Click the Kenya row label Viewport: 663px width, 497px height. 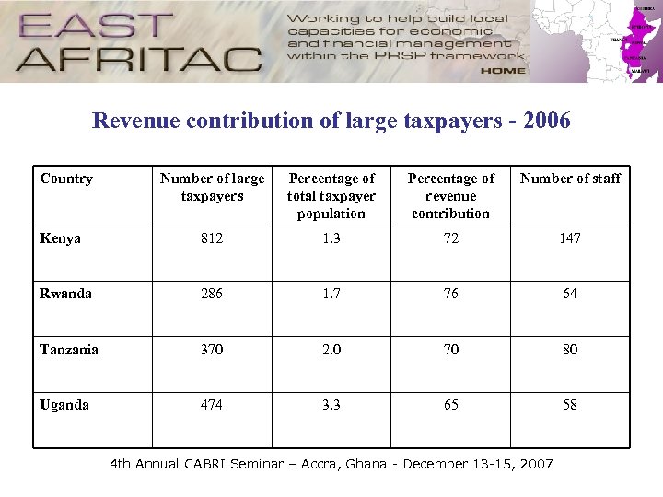coord(60,238)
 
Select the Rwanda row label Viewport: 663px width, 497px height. coord(65,294)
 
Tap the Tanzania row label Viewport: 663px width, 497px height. coord(69,350)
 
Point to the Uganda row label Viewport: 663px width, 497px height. coord(64,405)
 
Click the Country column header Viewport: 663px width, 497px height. coord(66,179)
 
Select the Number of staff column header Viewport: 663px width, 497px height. coord(570,179)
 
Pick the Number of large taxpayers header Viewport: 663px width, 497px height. coord(212,187)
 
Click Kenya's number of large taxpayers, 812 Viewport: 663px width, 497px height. coord(212,238)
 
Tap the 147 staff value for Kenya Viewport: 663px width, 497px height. coord(570,238)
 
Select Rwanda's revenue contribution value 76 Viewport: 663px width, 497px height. coord(451,294)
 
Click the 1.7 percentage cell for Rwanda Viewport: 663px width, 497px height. coord(331,294)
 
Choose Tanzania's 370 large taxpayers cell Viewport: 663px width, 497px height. coord(212,350)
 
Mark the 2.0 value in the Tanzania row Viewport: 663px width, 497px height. coord(331,350)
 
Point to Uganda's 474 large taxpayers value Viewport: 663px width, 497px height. coord(212,405)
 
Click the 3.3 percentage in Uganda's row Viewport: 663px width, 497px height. coord(331,405)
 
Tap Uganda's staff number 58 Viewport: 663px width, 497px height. coord(570,405)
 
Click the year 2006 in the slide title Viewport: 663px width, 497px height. coord(546,121)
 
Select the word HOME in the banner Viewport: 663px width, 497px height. coord(503,70)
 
